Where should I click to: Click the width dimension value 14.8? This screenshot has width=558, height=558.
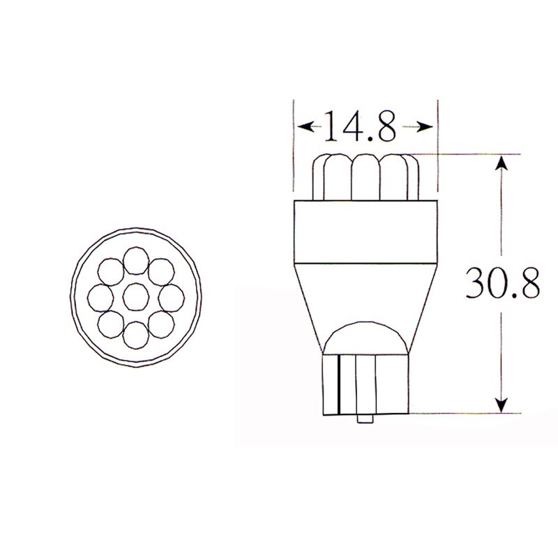[358, 127]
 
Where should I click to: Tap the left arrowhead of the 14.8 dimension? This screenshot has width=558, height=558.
[305, 127]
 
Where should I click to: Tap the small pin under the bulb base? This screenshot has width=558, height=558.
[363, 418]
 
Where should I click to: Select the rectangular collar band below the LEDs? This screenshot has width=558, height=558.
[365, 232]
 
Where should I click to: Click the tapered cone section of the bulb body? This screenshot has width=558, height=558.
[365, 293]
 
